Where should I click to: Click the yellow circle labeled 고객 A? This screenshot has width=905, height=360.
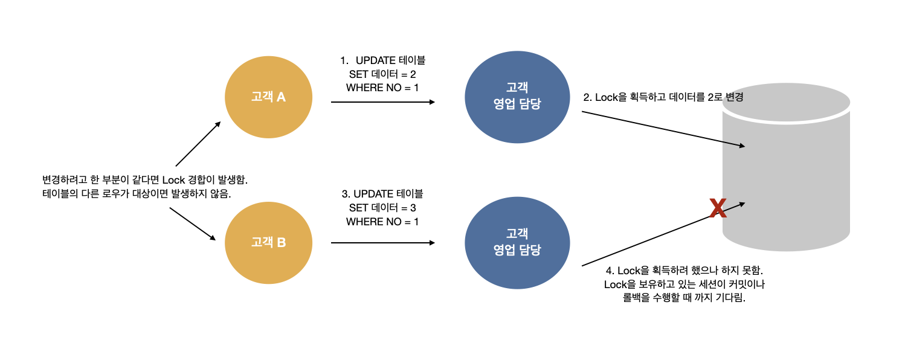click(x=268, y=97)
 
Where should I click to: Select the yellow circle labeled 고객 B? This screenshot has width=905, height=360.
click(x=268, y=243)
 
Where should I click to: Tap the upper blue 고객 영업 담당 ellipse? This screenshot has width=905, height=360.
click(x=517, y=97)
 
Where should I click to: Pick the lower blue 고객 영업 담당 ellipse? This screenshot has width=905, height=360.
click(x=517, y=243)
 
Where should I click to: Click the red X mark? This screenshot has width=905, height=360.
click(x=718, y=208)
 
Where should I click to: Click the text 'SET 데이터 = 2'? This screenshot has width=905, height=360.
click(x=382, y=74)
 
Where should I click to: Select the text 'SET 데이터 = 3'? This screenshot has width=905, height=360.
click(x=382, y=208)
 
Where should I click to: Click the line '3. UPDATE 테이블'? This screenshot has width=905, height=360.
click(x=382, y=194)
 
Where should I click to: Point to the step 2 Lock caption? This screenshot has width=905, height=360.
click(x=663, y=97)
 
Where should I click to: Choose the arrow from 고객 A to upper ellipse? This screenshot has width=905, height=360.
click(x=382, y=102)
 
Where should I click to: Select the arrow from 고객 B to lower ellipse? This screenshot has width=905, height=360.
click(x=382, y=243)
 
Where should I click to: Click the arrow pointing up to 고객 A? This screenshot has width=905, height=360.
click(x=198, y=143)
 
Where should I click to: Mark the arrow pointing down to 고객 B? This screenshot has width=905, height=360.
click(x=193, y=224)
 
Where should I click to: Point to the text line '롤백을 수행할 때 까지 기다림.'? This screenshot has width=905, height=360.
click(x=685, y=298)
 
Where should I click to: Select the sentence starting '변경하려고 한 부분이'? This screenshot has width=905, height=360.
click(x=145, y=180)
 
